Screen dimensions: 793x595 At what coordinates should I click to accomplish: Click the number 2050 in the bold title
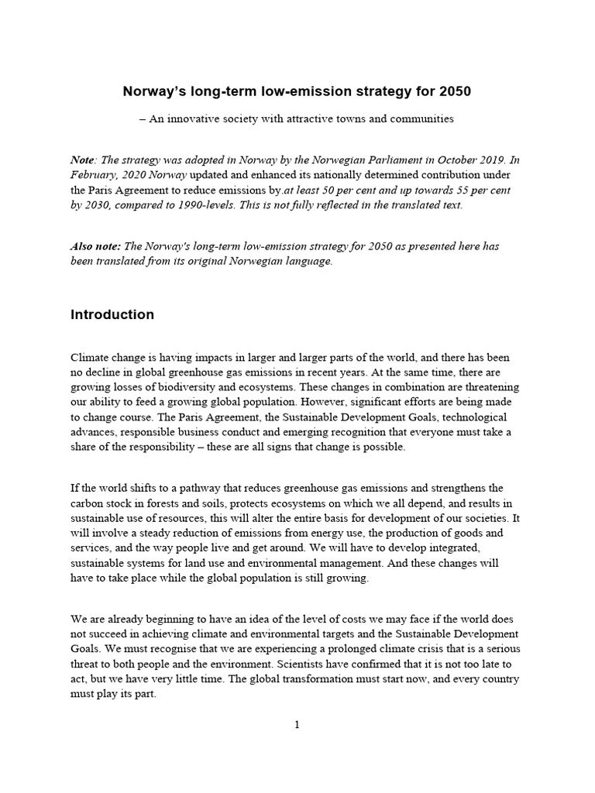coord(454,91)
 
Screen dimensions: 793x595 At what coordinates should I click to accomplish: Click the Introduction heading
coord(112,315)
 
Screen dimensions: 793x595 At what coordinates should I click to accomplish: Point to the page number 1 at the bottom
coord(297,725)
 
